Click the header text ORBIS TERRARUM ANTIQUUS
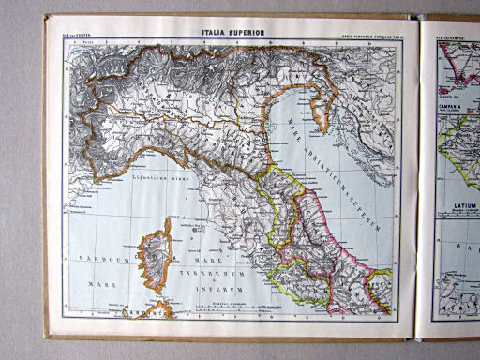coord(368,34)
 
